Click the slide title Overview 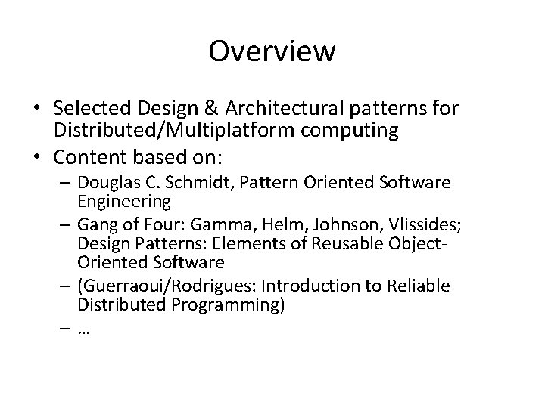(272, 51)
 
